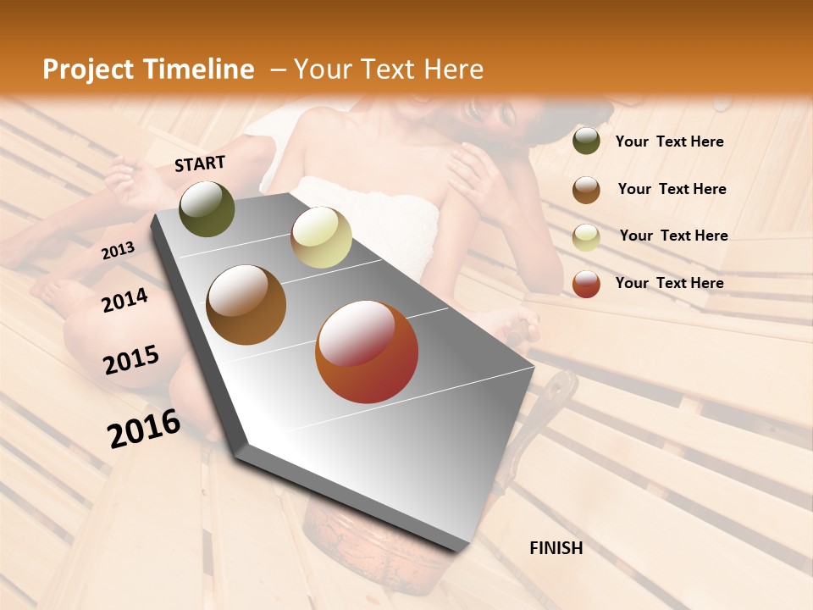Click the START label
tap(200, 164)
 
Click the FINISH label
tap(556, 548)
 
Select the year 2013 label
tap(118, 250)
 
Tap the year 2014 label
tap(124, 301)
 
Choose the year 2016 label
tap(144, 429)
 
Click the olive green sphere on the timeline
tap(207, 209)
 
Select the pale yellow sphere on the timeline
tap(321, 237)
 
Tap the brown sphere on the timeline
tap(246, 305)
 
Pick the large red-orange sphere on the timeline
tap(367, 352)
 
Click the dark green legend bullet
tap(586, 141)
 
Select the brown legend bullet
tap(586, 190)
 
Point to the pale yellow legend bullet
tap(586, 237)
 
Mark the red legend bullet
tap(586, 284)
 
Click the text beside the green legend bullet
tap(669, 141)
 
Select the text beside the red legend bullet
tap(669, 283)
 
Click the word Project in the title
tap(88, 69)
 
